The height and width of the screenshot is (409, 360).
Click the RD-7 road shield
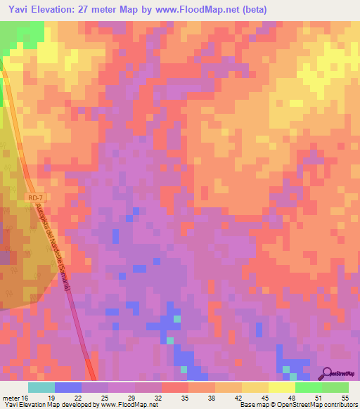click(36, 198)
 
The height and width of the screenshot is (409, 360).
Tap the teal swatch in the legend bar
click(41, 387)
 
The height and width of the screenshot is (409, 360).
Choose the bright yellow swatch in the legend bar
click(282, 387)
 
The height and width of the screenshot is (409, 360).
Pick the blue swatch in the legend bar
click(68, 387)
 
